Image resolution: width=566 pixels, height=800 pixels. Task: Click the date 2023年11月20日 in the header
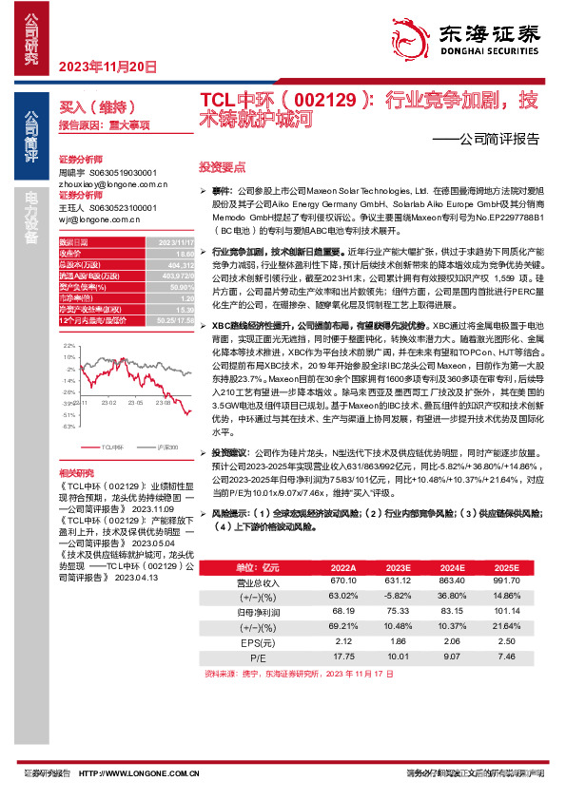click(107, 67)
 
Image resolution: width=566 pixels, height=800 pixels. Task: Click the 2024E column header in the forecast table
click(452, 568)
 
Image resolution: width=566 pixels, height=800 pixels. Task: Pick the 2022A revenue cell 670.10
click(343, 581)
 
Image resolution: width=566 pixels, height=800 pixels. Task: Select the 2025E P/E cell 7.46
click(506, 656)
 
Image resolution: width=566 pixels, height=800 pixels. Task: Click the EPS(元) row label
click(258, 641)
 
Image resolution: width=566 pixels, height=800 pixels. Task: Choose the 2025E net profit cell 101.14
click(506, 612)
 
